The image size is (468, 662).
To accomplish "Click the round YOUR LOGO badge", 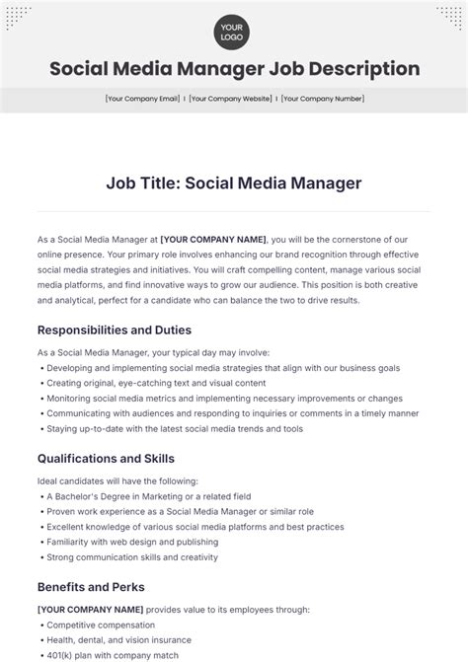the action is (x=233, y=31).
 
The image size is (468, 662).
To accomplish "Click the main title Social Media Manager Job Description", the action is (x=234, y=69).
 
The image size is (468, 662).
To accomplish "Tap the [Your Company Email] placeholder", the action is (x=142, y=99).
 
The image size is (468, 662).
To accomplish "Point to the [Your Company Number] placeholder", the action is (x=322, y=99).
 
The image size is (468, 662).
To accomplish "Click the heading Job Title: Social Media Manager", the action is (x=234, y=183).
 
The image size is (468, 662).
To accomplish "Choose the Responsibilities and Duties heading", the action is (x=115, y=330).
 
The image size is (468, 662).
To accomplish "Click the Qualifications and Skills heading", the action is (x=106, y=458).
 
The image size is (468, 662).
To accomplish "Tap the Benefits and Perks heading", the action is (x=91, y=586).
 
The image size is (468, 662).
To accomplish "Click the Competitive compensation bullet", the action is (x=101, y=625).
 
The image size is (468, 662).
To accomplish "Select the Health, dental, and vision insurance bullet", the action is (x=121, y=640).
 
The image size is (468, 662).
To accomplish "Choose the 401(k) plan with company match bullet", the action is (x=113, y=656).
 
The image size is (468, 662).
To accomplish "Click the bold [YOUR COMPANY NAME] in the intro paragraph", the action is (x=213, y=239).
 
